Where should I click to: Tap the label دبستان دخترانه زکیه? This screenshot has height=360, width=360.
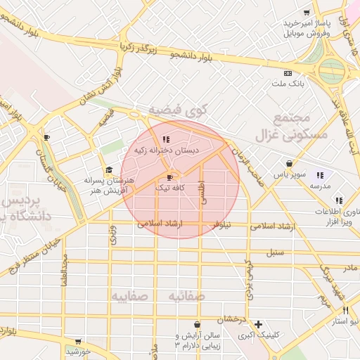coord(167,150)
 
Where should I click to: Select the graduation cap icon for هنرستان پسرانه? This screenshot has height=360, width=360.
coord(108,169)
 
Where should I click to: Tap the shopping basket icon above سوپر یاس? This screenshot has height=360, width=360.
coord(289,163)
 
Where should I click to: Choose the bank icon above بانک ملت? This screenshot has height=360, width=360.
coord(288,73)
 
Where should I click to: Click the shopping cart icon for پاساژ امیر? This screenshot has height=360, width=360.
coord(306,12)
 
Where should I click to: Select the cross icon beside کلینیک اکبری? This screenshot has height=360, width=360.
coord(259,325)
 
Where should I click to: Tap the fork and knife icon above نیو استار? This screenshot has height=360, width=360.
coord(345,310)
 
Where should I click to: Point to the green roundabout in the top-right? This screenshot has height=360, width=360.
coord(332,70)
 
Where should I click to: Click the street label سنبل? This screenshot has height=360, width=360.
coord(275,252)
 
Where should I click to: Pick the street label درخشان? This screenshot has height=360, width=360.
coord(231,319)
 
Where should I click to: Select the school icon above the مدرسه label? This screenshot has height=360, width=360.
coord(319,175)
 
